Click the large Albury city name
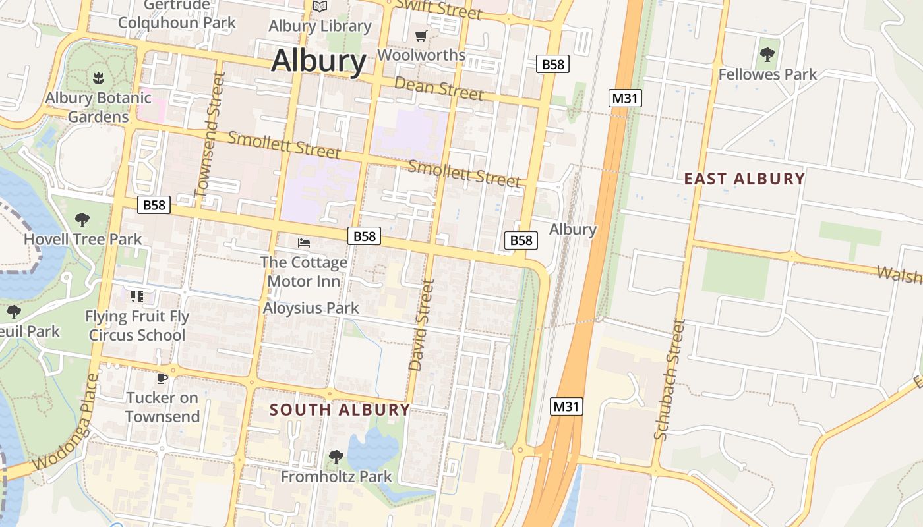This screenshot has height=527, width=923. coord(318,61)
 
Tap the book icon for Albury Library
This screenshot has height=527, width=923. coord(320,7)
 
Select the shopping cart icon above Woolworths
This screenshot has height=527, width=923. coord(421,36)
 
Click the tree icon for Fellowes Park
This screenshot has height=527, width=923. coord(767,55)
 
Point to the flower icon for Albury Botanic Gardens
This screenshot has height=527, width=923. coord(98,78)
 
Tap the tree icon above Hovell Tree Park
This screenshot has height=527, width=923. coord(82,219)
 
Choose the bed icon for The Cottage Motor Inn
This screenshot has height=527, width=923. coord(304,243)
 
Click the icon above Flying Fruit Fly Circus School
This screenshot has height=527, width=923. coord(137,296)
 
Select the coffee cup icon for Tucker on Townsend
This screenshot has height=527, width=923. coord(162,378)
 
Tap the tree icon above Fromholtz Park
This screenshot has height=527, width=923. coord(336,457)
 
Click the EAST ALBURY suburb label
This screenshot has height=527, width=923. coord(744,179)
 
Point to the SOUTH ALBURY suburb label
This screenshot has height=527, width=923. coord(340,409)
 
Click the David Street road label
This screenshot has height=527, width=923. coord(421,325)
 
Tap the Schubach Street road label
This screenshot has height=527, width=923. coord(670,379)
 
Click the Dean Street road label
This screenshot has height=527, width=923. coord(438,88)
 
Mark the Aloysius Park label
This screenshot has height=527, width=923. coord(311,308)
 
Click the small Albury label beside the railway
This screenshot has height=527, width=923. coord(572,229)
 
